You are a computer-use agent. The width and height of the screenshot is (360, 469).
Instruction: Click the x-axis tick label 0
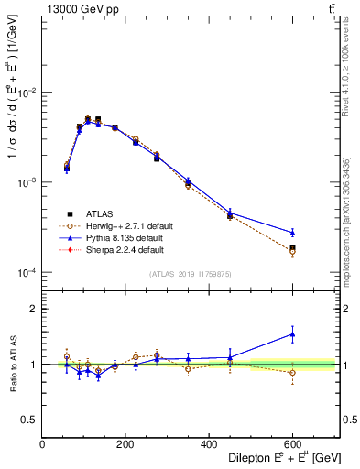43,446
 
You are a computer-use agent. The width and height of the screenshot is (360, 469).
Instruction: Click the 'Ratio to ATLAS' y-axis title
11,364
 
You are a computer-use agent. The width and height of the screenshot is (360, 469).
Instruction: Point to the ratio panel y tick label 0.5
29,420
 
